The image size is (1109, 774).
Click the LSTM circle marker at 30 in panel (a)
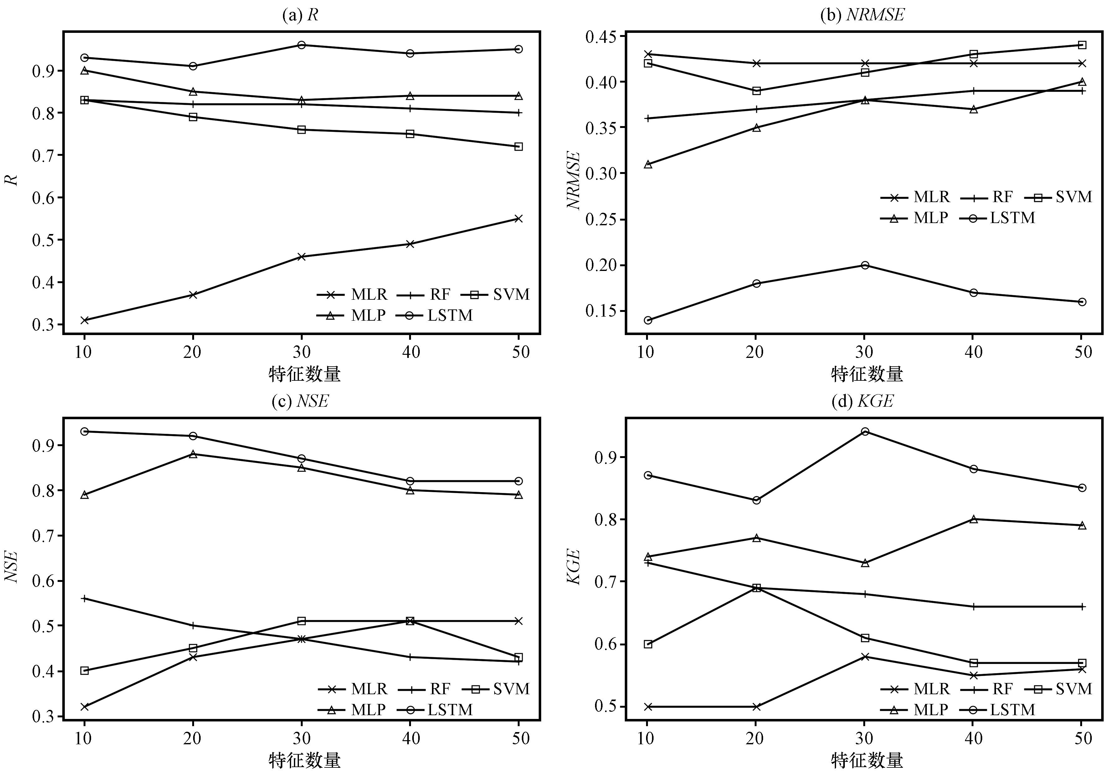point(301,45)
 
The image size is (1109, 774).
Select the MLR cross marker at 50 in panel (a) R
point(518,218)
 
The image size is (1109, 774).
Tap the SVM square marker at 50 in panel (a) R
point(518,146)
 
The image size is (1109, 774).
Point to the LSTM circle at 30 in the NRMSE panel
point(865,265)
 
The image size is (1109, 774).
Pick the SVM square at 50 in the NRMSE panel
point(1082,45)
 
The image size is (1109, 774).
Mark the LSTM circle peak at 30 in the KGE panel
point(865,431)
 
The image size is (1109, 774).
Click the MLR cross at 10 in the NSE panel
point(85,706)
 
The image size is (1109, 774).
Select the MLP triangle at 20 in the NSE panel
point(193,454)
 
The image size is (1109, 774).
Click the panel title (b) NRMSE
point(862,15)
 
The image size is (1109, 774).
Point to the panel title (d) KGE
point(862,401)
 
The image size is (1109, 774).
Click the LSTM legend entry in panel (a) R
point(435,315)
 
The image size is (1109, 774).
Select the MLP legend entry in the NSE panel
point(352,709)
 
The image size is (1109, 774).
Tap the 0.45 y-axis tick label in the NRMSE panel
point(601,37)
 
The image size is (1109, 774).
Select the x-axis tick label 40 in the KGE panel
point(973,738)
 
